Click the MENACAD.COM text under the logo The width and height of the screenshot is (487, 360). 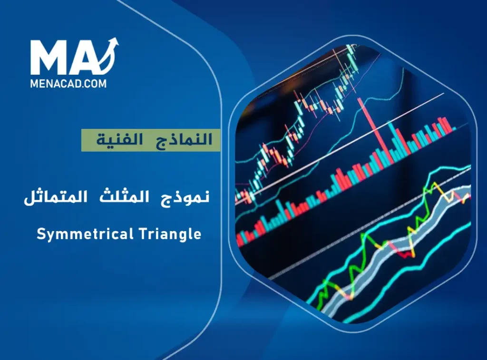click(x=68, y=84)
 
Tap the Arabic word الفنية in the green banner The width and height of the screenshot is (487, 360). click(x=115, y=140)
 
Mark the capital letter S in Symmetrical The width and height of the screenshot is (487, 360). click(x=40, y=234)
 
